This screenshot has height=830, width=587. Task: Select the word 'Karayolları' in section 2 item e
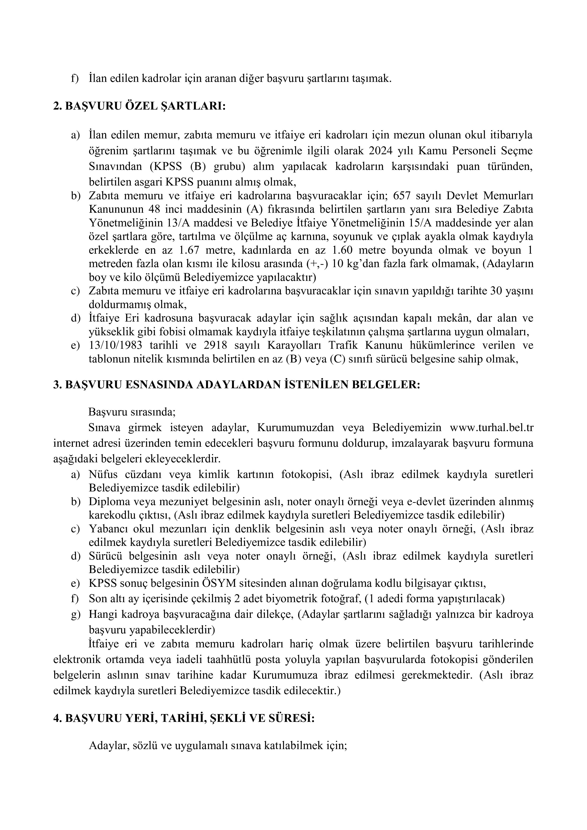tap(293, 345)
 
